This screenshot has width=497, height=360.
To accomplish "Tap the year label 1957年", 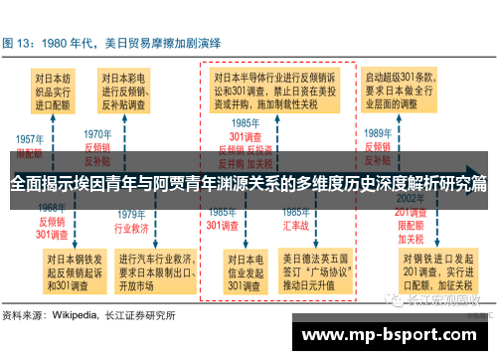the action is point(30,140).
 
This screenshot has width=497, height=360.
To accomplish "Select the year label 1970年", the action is point(97,133).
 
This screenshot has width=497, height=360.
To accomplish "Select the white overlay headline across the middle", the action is point(248,183).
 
